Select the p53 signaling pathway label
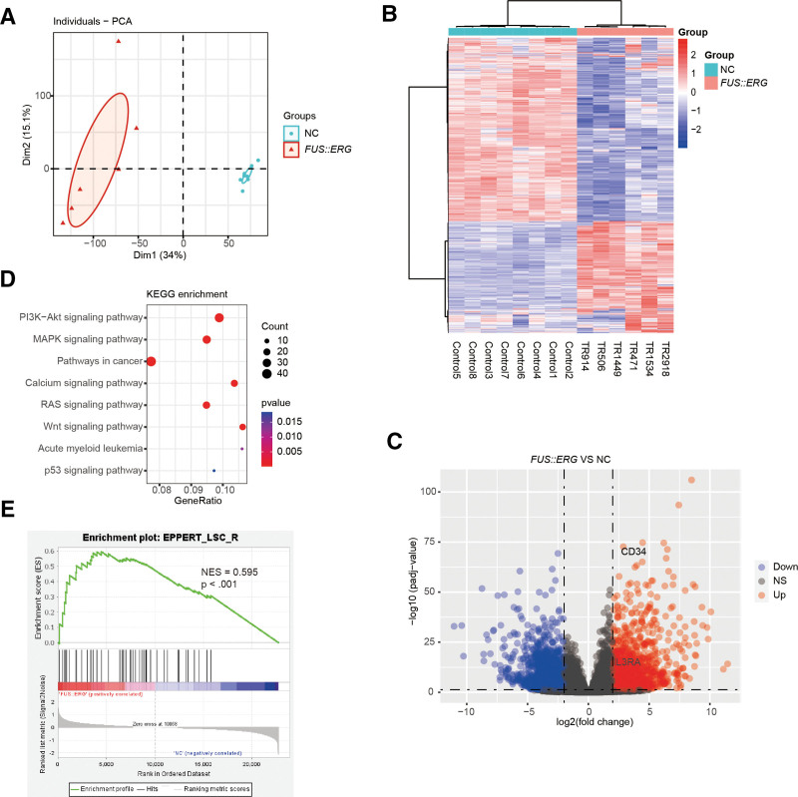click(x=88, y=471)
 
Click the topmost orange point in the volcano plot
click(x=690, y=481)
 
